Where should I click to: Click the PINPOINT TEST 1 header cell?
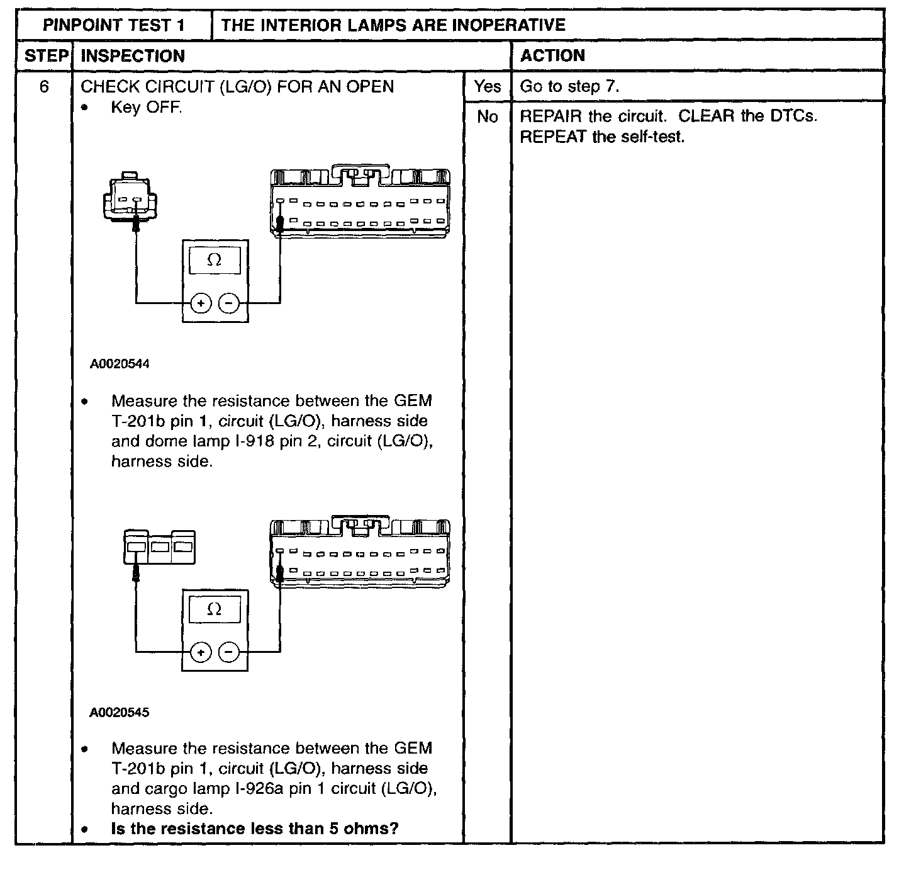click(x=114, y=25)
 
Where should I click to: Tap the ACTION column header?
click(x=552, y=55)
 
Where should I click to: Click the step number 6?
click(x=44, y=86)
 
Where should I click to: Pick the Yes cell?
click(x=487, y=86)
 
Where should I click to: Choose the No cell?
click(x=487, y=116)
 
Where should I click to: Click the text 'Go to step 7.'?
click(x=569, y=86)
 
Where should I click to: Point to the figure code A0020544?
click(x=120, y=364)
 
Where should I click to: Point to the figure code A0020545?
click(x=120, y=713)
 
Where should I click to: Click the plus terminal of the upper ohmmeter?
click(x=201, y=304)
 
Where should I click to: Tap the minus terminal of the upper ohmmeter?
click(x=229, y=304)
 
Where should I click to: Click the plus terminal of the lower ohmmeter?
click(x=201, y=653)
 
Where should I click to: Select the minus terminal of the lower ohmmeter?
click(x=229, y=653)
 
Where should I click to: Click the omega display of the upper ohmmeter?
click(x=215, y=260)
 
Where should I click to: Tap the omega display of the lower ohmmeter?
click(x=215, y=609)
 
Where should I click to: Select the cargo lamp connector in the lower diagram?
click(x=159, y=546)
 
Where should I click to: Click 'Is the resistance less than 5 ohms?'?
click(x=255, y=829)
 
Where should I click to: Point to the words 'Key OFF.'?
click(x=147, y=107)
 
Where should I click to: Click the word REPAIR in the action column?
click(x=551, y=116)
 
